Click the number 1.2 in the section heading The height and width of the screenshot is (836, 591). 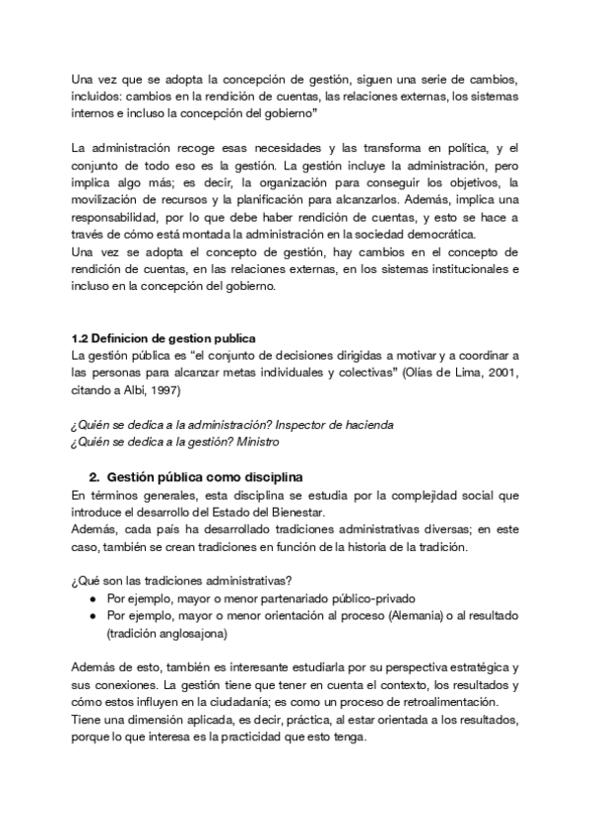(x=82, y=338)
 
